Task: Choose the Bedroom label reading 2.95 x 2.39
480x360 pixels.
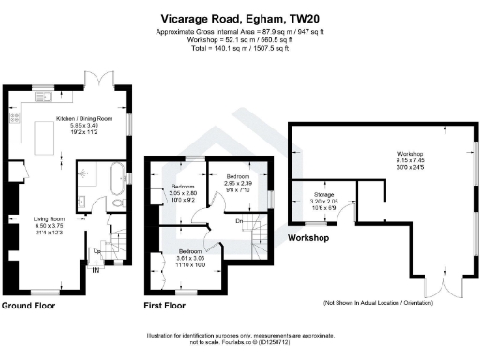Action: [236, 176]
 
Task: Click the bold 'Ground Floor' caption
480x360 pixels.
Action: [28, 306]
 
